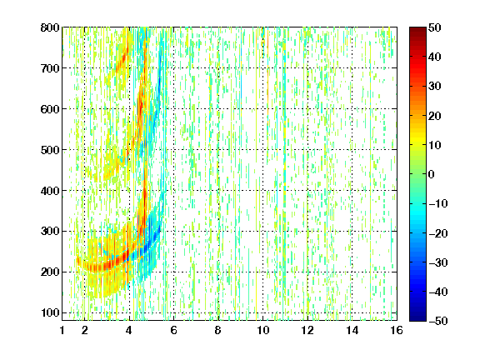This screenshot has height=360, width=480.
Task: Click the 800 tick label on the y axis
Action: pos(50,27)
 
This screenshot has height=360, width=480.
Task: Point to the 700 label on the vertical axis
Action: pos(50,68)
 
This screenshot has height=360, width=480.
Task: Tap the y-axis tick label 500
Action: pos(50,150)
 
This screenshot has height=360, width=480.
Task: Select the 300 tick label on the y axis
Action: pos(50,232)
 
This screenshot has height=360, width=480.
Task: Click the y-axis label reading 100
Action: pos(50,312)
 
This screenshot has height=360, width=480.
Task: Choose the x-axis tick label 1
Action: pos(62,330)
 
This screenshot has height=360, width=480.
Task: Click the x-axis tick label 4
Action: pos(129,330)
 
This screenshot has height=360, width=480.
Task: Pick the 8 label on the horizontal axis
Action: pos(218,330)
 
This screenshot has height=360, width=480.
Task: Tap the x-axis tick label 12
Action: pos(307,330)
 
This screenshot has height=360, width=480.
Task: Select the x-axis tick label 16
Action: pos(397,330)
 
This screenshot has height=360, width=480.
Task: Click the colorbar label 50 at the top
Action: pos(435,27)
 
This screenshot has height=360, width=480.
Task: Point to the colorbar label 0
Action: pos(432,174)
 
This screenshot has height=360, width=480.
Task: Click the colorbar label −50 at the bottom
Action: pos(438,321)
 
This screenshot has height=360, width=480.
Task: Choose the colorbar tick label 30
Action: pos(435,87)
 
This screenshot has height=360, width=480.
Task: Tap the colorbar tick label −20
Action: pos(438,233)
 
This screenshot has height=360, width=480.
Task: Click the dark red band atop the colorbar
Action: pos(417,34)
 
